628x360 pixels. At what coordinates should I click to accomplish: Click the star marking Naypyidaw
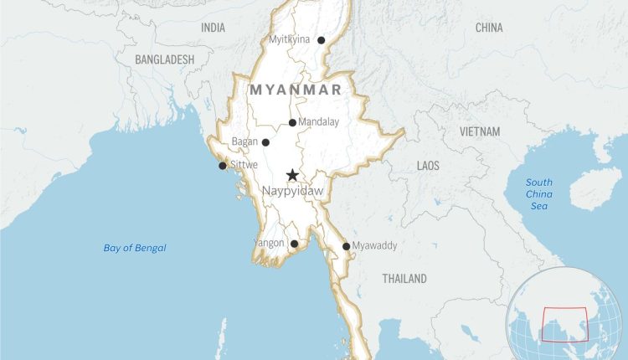pos(292,175)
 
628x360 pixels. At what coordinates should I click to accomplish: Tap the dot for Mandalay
pos(292,123)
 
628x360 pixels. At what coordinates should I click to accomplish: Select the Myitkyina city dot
pos(321,40)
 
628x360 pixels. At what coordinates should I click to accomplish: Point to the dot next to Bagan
pos(265,142)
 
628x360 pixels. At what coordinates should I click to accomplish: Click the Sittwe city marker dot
pos(222,166)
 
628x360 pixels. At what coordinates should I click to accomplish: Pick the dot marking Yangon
pos(294,244)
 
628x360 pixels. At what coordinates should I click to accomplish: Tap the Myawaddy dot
pos(346,246)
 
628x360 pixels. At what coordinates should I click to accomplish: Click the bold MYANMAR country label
pos(295,89)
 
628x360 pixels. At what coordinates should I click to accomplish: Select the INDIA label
pos(213,28)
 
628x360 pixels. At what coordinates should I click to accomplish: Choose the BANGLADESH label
pos(164,59)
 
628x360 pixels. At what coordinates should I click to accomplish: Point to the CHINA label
pos(489,28)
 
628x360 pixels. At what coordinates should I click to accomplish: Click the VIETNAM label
pos(480,132)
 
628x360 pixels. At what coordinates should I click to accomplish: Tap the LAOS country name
pos(428,166)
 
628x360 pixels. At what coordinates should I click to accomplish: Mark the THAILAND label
pos(404,278)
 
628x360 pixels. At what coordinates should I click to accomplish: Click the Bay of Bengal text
pos(135,248)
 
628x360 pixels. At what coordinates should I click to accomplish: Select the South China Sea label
pos(539,194)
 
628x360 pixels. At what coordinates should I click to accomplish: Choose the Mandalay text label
pos(319,122)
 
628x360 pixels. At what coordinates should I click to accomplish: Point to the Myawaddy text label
pos(374,245)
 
